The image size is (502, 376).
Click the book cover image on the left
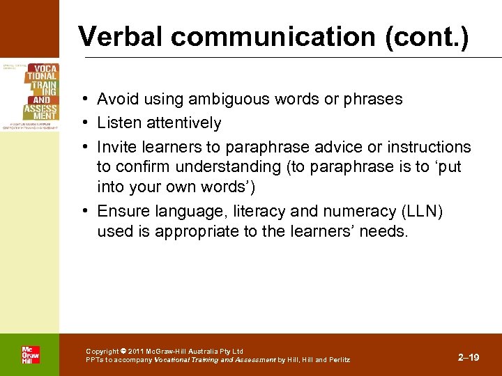[x=29, y=96]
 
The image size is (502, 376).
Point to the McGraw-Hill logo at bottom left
[x=30, y=354]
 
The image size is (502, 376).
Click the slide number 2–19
[x=469, y=357]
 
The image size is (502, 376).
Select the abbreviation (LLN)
[x=426, y=211]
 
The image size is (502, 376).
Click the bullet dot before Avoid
[x=84, y=99]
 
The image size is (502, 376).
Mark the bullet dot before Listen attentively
[x=84, y=123]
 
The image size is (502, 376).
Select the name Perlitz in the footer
[x=335, y=360]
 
